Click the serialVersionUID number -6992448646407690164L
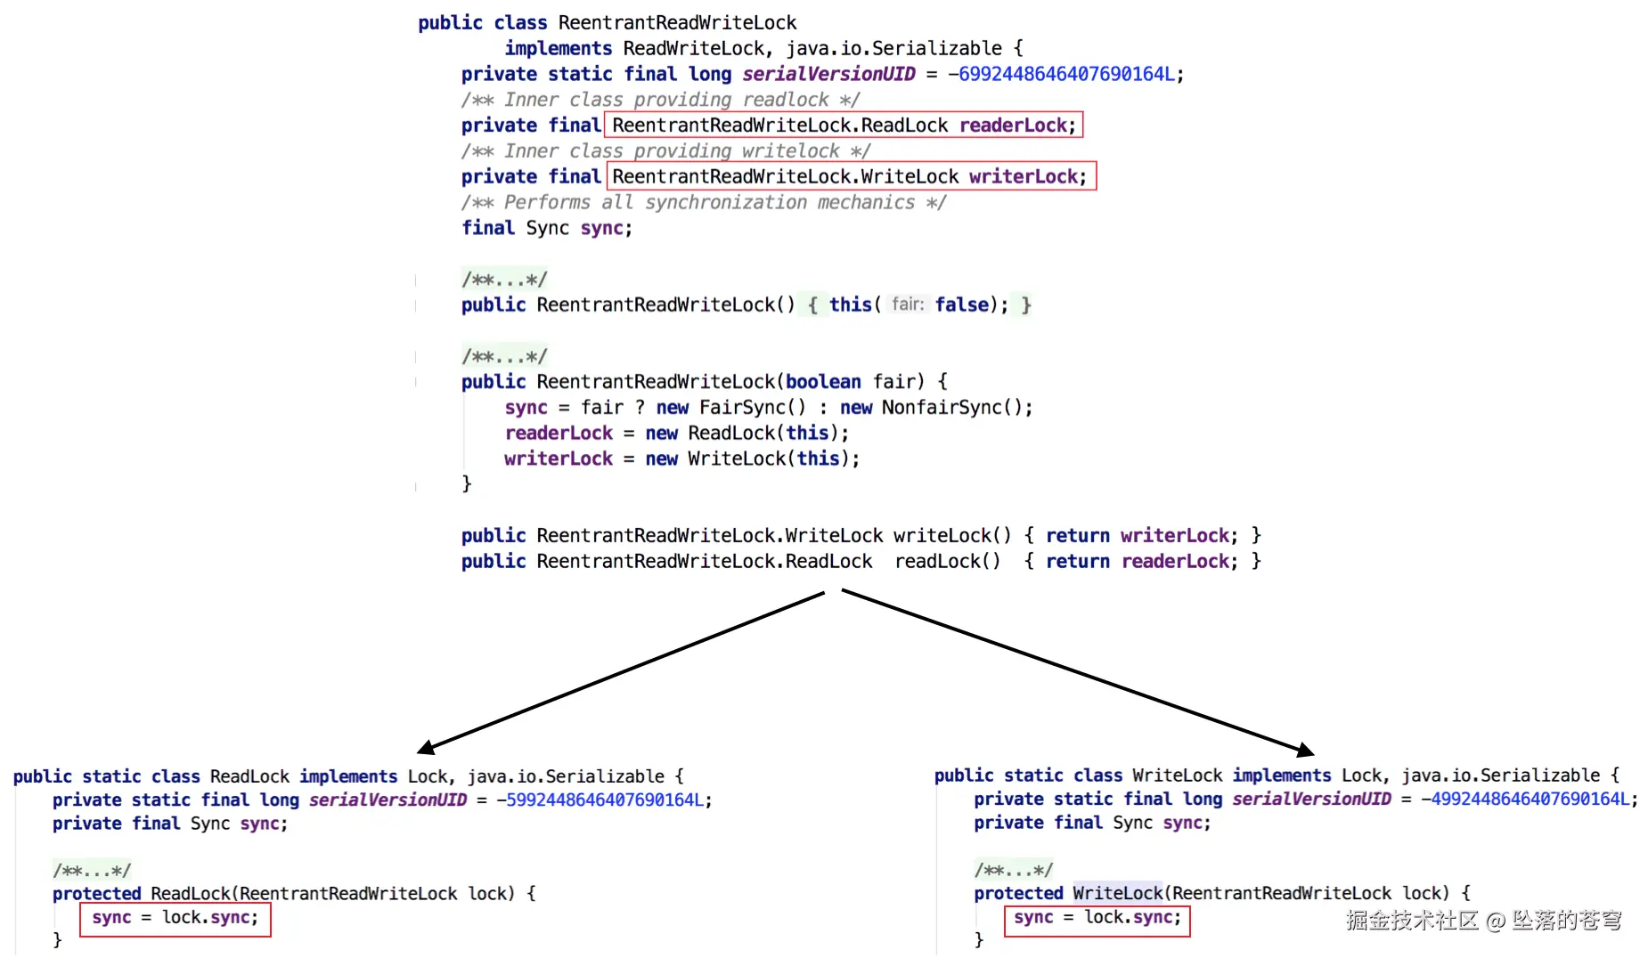coord(1065,74)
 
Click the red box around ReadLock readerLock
coord(843,126)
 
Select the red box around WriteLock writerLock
coord(850,176)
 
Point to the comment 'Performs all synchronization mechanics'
coord(704,202)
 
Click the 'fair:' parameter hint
coord(908,304)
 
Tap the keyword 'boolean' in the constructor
coord(823,382)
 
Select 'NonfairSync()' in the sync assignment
coord(956,408)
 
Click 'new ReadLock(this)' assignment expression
coord(746,434)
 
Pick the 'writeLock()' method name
coord(952,536)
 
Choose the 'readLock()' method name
coord(947,562)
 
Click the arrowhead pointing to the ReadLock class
coord(427,747)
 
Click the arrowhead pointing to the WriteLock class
coord(1305,751)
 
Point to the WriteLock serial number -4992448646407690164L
coord(1529,800)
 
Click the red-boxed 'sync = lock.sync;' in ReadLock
coord(175,918)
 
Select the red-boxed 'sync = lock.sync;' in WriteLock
coord(1097,918)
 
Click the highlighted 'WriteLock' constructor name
coord(1118,893)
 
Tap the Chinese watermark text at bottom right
coord(1483,921)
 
